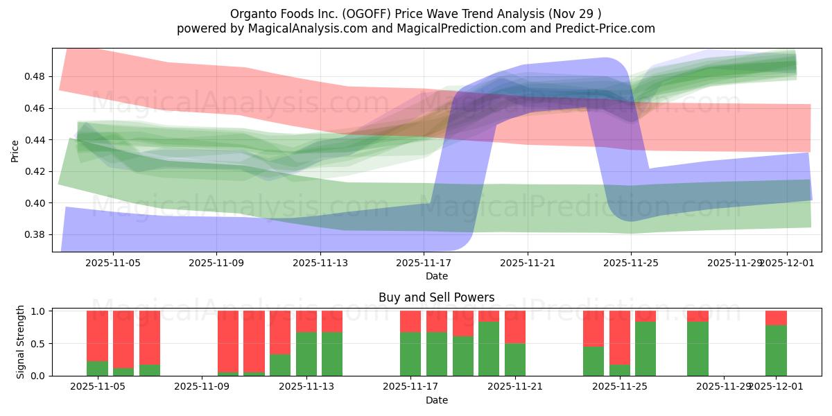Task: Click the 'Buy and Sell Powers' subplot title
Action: click(436, 297)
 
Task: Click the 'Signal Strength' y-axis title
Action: click(21, 342)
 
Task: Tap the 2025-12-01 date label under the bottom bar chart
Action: click(776, 387)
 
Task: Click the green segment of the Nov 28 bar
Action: click(697, 348)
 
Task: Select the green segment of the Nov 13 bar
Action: click(306, 354)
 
